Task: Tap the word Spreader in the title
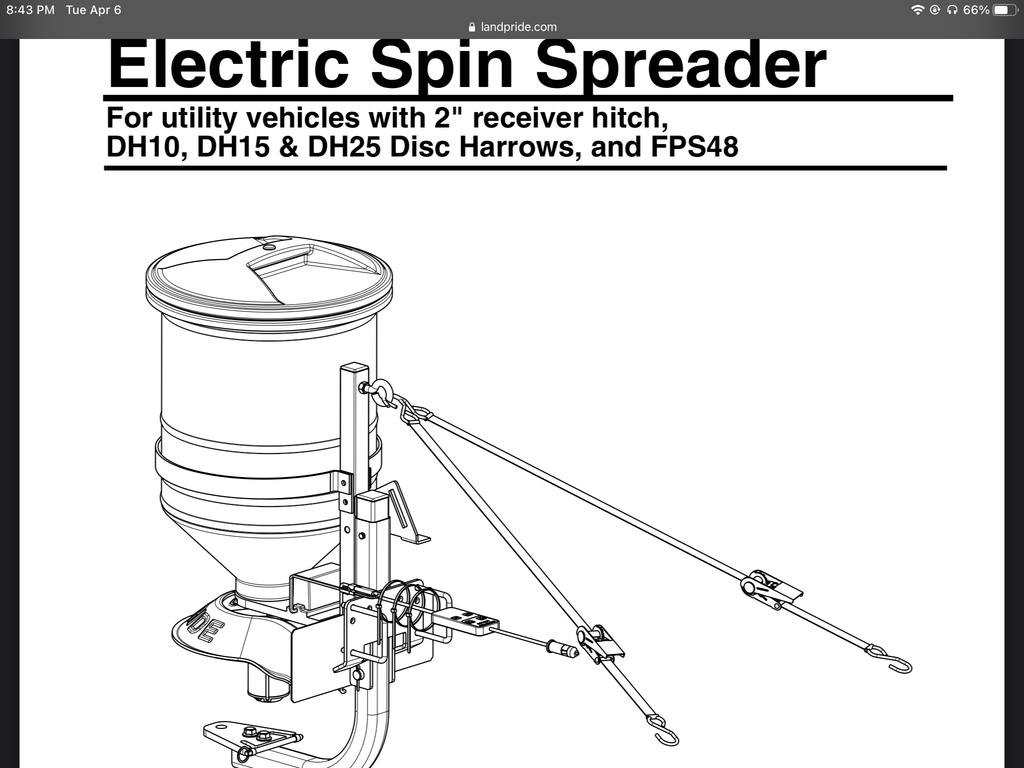(681, 66)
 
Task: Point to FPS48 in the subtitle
(694, 147)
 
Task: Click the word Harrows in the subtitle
(516, 147)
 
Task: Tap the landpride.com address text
(518, 27)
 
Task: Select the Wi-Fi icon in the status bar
(917, 10)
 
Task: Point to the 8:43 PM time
(30, 10)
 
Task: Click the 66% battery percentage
(976, 10)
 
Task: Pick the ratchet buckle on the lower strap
(600, 644)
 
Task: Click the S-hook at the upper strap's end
(890, 660)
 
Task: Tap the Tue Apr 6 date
(93, 10)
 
